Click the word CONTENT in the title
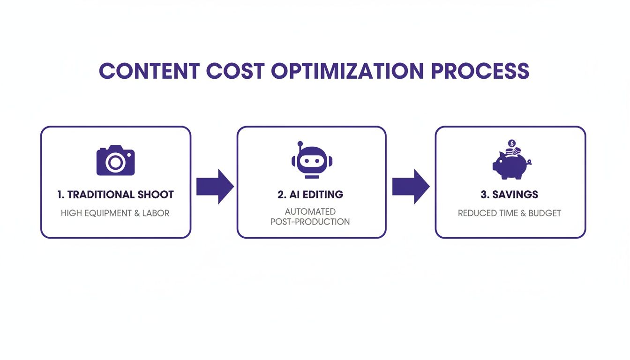click(149, 71)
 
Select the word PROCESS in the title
click(480, 71)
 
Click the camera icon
click(115, 161)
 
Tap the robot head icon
click(312, 160)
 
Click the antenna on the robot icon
click(300, 143)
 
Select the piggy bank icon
click(510, 164)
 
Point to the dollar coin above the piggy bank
click(512, 143)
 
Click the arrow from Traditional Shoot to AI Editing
click(215, 187)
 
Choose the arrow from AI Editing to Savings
click(411, 187)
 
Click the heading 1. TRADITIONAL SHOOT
click(115, 195)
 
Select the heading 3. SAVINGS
click(510, 195)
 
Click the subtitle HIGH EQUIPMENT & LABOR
click(115, 213)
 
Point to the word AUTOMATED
click(310, 212)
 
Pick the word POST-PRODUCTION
click(310, 222)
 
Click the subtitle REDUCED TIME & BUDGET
click(510, 213)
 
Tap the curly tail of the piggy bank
click(529, 162)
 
